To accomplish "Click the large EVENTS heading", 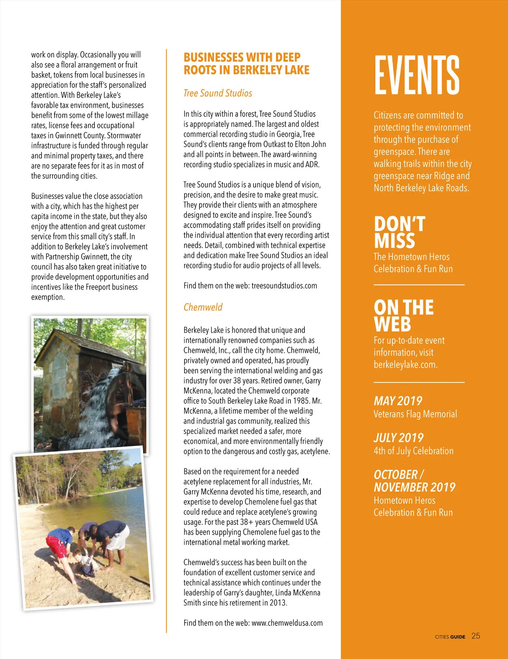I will click(x=417, y=75).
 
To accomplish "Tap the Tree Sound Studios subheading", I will click(x=218, y=93).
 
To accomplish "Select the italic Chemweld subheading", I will click(x=203, y=307).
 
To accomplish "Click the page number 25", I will click(x=476, y=636).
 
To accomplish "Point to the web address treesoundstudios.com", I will click(x=284, y=286).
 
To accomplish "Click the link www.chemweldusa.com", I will click(x=287, y=623).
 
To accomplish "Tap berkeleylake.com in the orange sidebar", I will click(x=405, y=364).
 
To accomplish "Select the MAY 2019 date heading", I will click(x=398, y=401).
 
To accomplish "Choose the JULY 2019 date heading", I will click(x=398, y=437).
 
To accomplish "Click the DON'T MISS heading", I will click(x=399, y=232).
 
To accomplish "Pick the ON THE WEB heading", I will click(x=403, y=316).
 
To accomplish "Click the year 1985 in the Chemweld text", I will click(x=301, y=401).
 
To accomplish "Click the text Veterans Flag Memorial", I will click(x=415, y=414).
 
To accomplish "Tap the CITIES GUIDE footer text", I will click(x=450, y=637).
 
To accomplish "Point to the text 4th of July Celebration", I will click(x=413, y=450).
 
